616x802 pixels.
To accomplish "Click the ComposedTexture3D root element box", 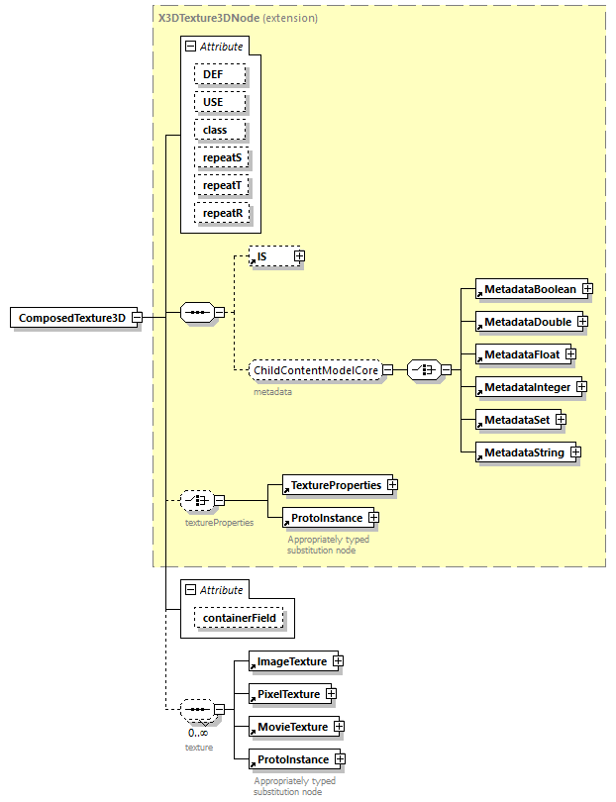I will coord(71,318).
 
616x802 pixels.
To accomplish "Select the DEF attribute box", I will coord(214,74).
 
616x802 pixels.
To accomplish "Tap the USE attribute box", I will coord(214,102).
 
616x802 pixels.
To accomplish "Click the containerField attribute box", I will coord(240,619).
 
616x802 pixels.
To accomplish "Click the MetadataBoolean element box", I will coord(529,288).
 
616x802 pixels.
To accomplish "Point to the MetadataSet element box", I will coord(516,420).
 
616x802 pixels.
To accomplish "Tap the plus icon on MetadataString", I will coord(574,452).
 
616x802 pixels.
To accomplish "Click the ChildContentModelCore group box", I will coord(316,370).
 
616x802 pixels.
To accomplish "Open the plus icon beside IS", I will coord(299,256).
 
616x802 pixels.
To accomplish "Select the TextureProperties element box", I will coord(335,485).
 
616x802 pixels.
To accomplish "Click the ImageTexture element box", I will coord(291,660).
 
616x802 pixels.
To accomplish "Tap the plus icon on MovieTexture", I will coord(339,727).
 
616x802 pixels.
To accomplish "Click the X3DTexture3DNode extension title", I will coord(238,18).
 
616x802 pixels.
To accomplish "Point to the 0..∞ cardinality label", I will coord(198,733).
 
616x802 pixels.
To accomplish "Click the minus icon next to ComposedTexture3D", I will coord(137,318).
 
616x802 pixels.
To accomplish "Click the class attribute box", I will coord(215,130).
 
